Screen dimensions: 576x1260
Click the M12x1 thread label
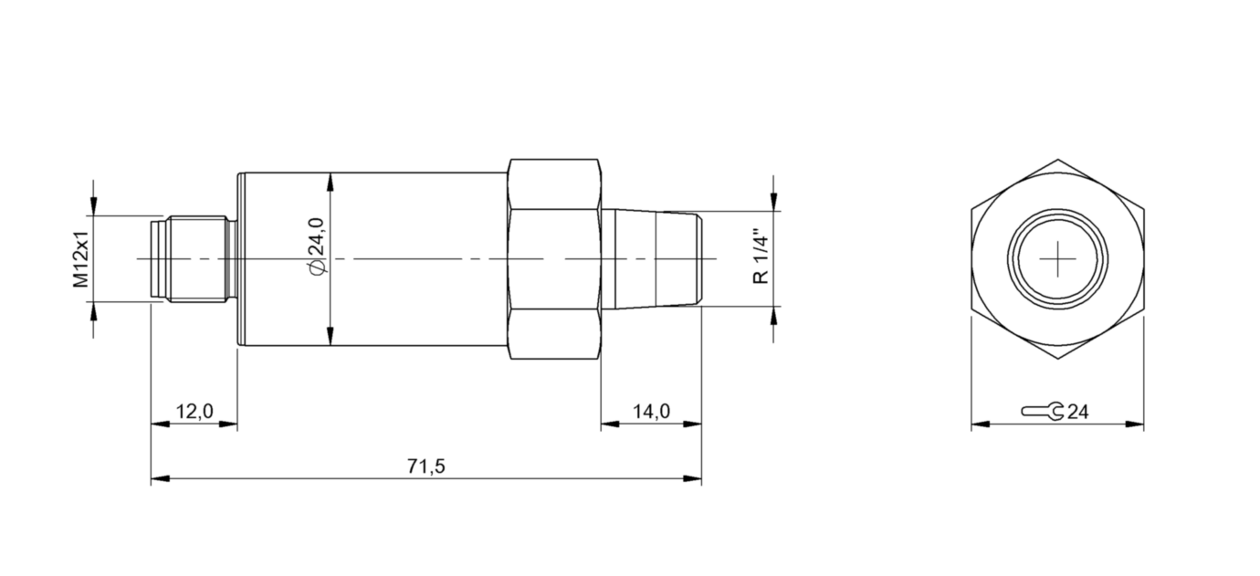(81, 259)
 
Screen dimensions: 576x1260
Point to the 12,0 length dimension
(194, 412)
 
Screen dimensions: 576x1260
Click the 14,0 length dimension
(651, 412)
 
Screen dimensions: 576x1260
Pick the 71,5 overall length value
(425, 466)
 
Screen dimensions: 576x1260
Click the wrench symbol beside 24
(1042, 412)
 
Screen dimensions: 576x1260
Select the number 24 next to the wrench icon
(1077, 413)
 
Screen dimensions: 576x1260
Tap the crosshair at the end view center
(1057, 259)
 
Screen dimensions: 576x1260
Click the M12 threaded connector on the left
(194, 259)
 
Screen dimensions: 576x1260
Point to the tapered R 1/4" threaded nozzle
(653, 259)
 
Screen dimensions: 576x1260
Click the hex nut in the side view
(554, 259)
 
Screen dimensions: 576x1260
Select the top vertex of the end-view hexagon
(1057, 161)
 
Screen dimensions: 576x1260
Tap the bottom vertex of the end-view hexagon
(1057, 359)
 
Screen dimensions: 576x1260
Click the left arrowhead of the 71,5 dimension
(158, 479)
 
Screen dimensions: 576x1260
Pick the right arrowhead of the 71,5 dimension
(695, 479)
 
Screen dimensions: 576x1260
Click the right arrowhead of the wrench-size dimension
(1137, 424)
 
